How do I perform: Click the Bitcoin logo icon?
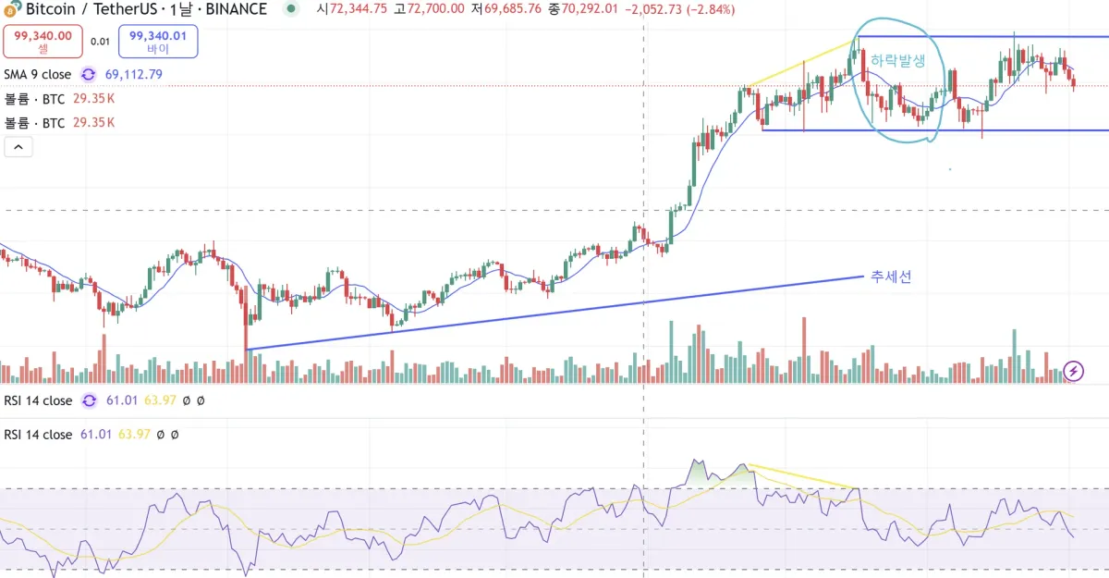pos(11,9)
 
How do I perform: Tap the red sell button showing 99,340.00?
pos(43,42)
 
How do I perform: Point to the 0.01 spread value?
pos(101,42)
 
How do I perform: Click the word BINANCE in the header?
pos(234,9)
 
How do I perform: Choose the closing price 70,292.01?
pos(588,9)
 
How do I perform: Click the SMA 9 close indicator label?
pos(37,74)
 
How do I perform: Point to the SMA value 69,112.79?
pos(134,74)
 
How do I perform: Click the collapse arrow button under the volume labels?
pos(18,146)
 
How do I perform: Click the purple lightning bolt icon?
pos(1074,371)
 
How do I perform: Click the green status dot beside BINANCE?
pos(292,9)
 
